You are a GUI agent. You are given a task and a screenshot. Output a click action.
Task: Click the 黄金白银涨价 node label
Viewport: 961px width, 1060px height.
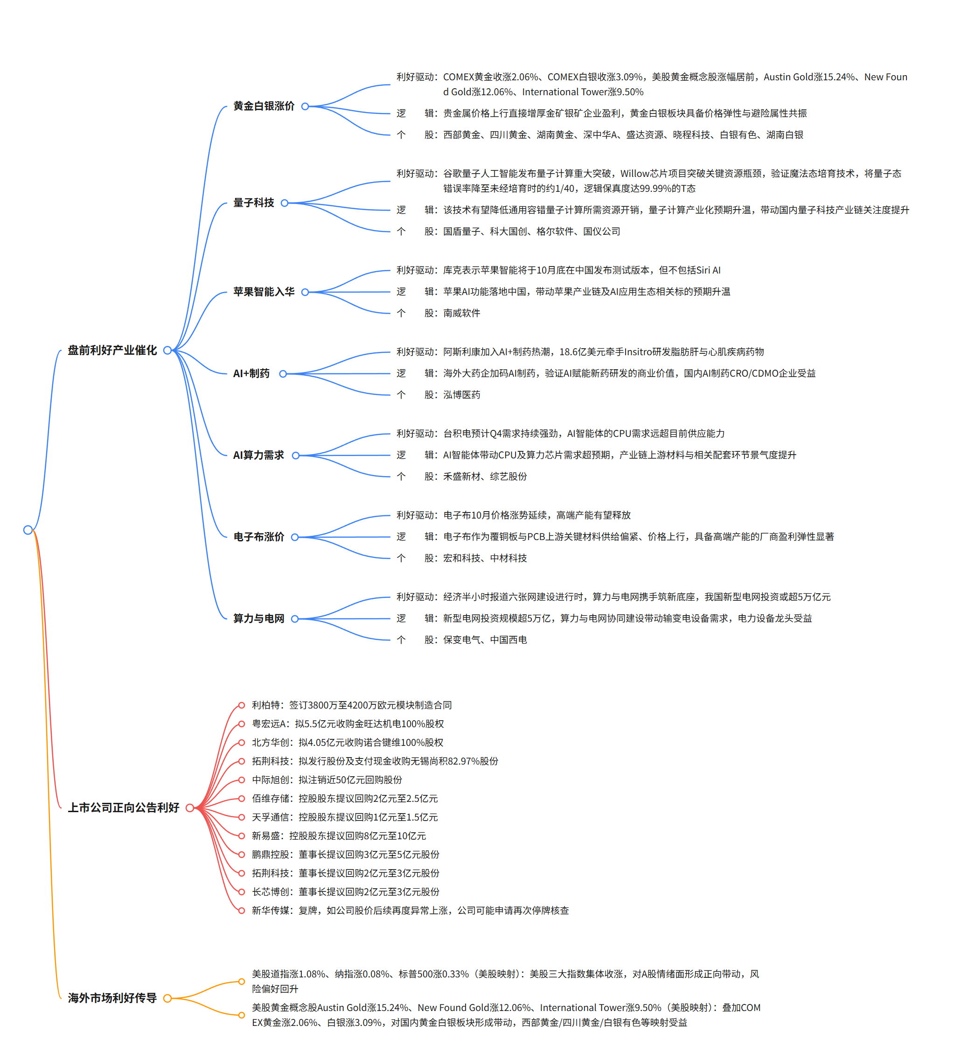(264, 106)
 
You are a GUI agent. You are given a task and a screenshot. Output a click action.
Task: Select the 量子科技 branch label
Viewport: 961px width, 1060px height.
(254, 203)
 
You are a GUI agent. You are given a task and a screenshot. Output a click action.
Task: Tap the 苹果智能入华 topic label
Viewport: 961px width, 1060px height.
(264, 292)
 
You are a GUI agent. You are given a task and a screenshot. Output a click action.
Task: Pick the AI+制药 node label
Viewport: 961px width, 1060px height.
(251, 374)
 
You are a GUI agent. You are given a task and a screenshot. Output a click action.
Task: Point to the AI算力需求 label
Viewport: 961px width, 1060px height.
(258, 456)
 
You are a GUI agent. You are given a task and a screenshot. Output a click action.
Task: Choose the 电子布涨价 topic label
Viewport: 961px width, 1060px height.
(258, 537)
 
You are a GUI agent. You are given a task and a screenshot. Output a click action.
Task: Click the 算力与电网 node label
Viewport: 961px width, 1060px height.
(258, 619)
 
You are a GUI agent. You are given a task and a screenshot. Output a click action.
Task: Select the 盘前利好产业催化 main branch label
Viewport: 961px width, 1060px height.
(112, 350)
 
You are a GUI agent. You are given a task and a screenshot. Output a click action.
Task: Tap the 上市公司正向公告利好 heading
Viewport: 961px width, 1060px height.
(124, 807)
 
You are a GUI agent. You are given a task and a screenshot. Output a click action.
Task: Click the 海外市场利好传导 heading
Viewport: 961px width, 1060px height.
(112, 998)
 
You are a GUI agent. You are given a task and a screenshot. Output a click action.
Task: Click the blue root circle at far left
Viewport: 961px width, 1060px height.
(28, 530)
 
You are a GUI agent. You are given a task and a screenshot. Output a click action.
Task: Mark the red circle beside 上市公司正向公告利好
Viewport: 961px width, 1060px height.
(190, 808)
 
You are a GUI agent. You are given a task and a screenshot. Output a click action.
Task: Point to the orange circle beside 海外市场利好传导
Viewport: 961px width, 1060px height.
(167, 998)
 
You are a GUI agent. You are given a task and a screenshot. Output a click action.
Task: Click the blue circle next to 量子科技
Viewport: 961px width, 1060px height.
(285, 203)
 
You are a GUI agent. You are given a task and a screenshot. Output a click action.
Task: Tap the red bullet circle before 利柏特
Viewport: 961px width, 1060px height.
(241, 706)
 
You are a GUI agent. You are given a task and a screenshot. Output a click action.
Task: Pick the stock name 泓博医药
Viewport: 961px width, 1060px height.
(462, 395)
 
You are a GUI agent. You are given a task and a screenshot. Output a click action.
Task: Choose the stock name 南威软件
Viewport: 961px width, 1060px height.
(462, 313)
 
